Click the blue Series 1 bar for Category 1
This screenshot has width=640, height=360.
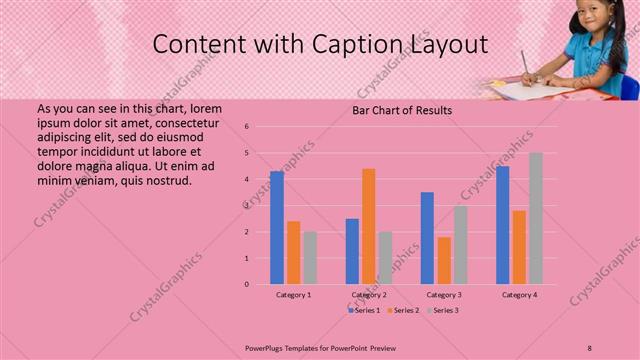(277, 228)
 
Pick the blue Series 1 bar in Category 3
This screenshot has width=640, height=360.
(427, 238)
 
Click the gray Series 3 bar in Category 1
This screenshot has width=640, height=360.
(310, 258)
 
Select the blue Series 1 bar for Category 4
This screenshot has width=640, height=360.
(502, 225)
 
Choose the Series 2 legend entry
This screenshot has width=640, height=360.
(403, 310)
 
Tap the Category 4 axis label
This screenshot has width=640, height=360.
(519, 295)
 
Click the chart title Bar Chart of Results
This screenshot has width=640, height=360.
(402, 110)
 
